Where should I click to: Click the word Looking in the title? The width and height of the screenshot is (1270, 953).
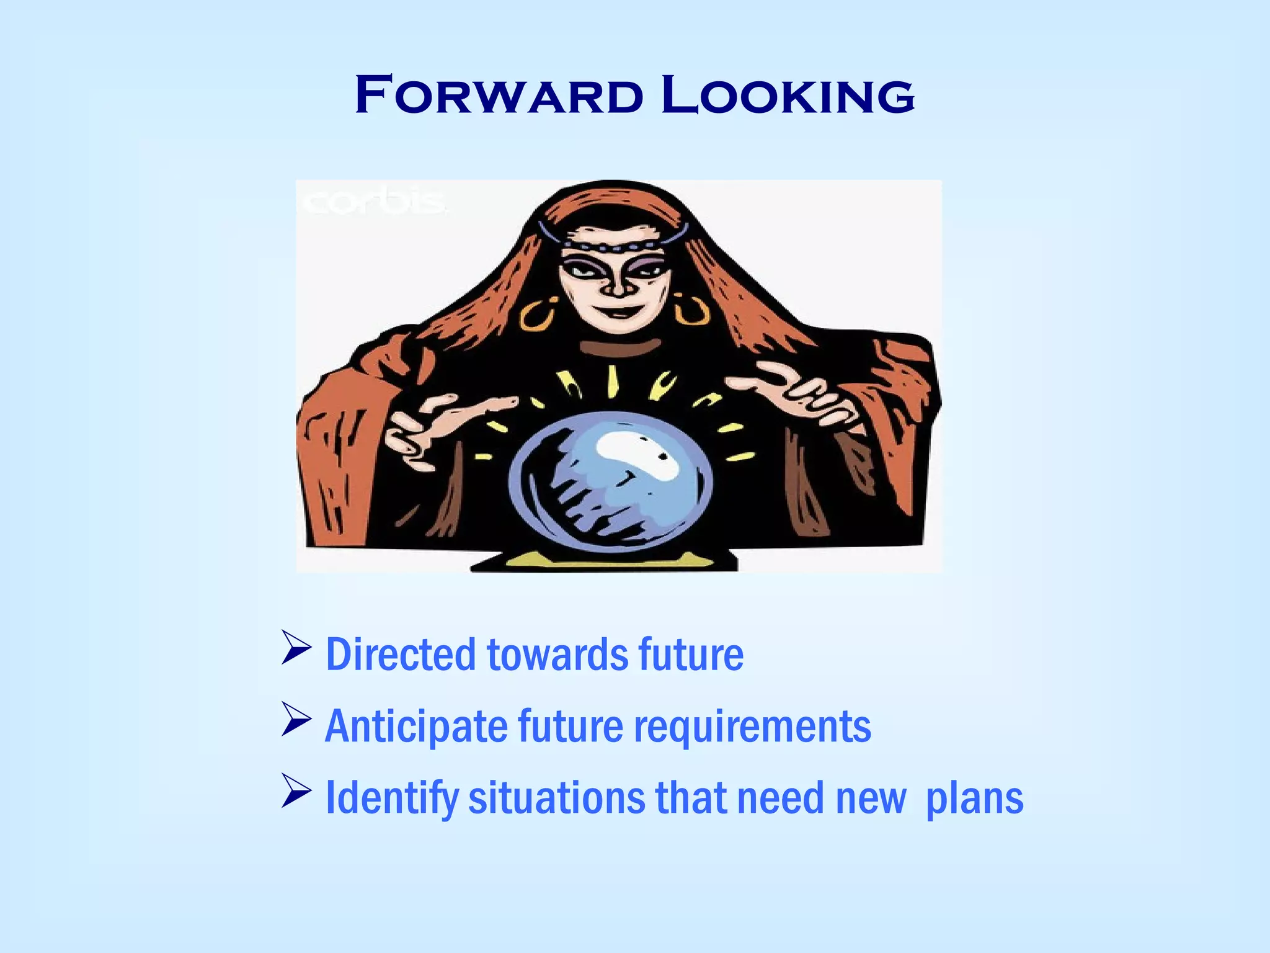(788, 96)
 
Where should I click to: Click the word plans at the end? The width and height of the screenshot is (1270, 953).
(974, 799)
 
